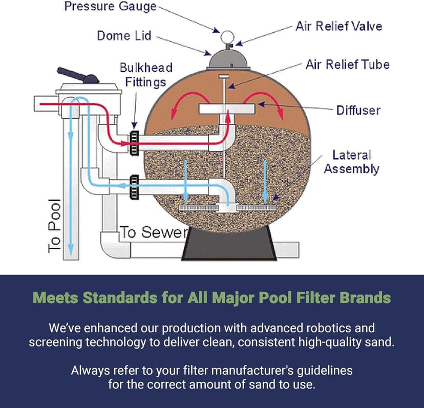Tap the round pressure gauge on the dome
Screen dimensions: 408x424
click(x=227, y=37)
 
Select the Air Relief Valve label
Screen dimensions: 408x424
click(x=338, y=26)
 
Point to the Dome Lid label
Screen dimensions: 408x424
click(x=124, y=36)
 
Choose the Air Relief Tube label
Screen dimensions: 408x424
click(x=347, y=65)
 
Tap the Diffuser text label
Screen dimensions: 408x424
click(x=358, y=110)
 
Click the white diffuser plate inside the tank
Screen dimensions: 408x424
click(x=227, y=110)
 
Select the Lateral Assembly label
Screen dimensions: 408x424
click(x=351, y=161)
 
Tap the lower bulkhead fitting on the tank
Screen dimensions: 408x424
click(x=134, y=186)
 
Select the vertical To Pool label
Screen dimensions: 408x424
click(x=54, y=225)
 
